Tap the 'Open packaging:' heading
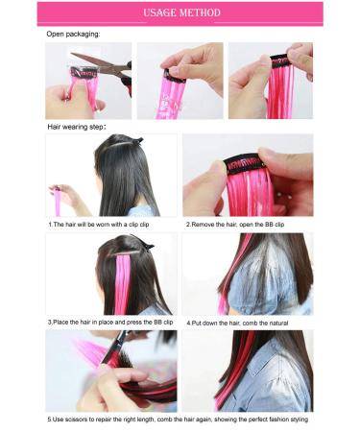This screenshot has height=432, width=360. [73, 34]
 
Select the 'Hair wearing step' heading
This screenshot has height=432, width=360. [76, 126]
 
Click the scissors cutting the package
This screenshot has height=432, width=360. [112, 69]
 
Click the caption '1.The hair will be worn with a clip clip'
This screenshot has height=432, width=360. [104, 224]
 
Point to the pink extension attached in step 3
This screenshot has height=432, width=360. [124, 288]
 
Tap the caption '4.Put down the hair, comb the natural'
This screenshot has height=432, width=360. [243, 322]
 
